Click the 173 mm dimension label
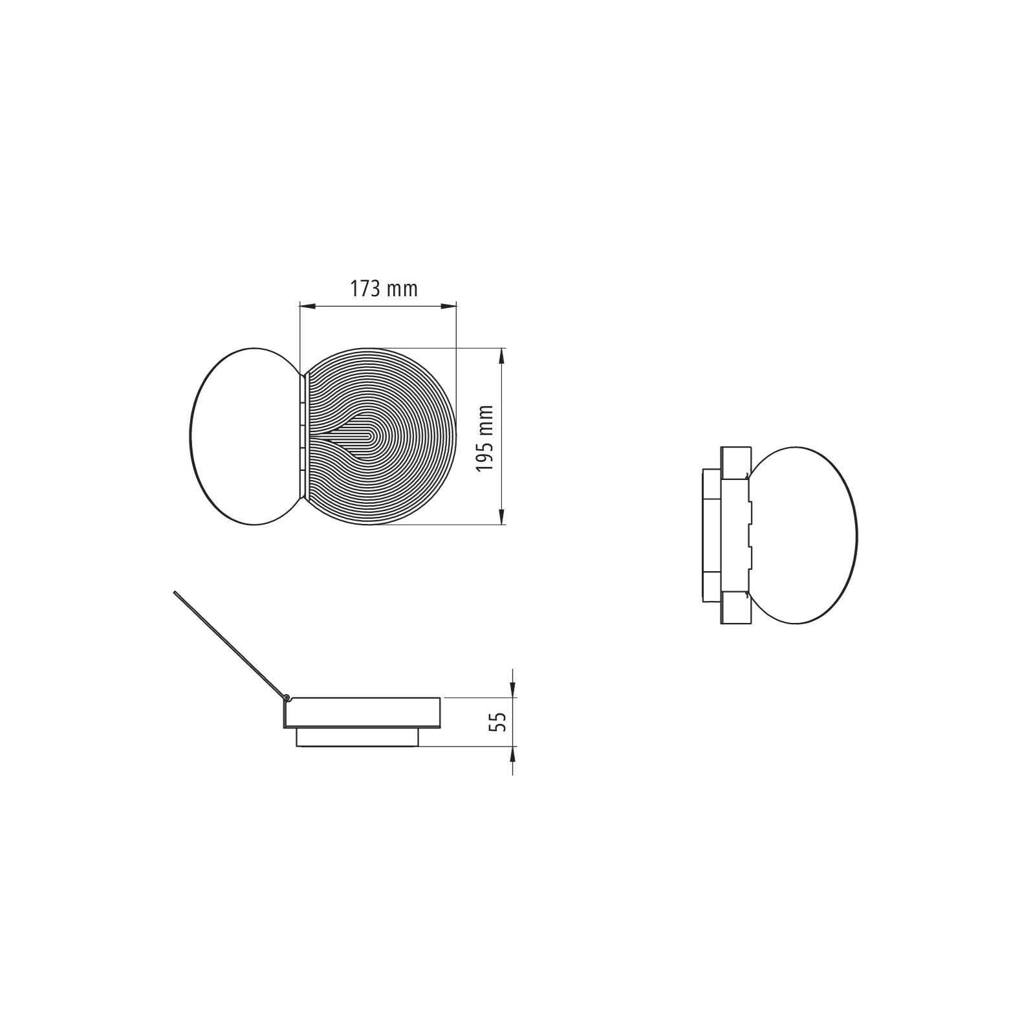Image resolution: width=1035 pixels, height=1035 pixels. [x=384, y=289]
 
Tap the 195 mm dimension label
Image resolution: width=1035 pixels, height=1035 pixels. [x=485, y=439]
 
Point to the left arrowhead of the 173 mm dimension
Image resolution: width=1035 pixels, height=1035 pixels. [x=307, y=306]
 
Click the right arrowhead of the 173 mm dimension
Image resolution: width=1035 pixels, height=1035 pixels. [x=449, y=306]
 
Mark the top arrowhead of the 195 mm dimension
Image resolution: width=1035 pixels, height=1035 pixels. [x=501, y=356]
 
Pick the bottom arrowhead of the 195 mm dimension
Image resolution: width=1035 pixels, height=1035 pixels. [x=501, y=516]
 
